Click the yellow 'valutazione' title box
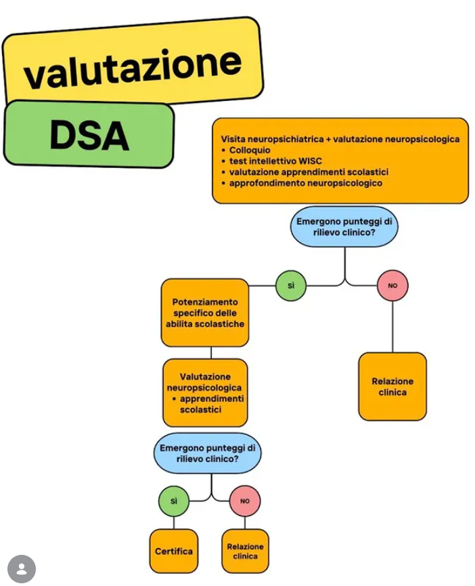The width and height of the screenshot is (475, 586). tap(133, 63)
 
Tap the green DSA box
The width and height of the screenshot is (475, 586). tap(89, 133)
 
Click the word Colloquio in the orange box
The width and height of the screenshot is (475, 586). tap(250, 150)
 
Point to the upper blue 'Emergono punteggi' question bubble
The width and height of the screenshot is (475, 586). tap(344, 227)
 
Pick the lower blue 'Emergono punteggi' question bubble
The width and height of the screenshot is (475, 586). tap(208, 453)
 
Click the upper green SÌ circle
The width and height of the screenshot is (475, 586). tap(291, 286)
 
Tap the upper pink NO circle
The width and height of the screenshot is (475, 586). tap(392, 286)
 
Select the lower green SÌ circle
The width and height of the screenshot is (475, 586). tap(174, 501)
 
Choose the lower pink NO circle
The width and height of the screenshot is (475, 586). tap(245, 501)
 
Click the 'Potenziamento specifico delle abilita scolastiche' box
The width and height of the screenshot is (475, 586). tap(205, 313)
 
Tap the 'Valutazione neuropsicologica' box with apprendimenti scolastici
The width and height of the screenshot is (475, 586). tap(205, 393)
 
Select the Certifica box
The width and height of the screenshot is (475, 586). tap(174, 551)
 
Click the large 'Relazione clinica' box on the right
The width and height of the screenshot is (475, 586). tap(392, 386)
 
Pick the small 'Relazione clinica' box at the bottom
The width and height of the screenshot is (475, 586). tap(245, 551)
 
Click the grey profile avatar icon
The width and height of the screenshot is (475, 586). tap(22, 569)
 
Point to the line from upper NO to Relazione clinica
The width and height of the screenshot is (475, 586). tap(392, 327)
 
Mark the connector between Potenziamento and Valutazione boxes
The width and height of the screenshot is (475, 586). tap(211, 353)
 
